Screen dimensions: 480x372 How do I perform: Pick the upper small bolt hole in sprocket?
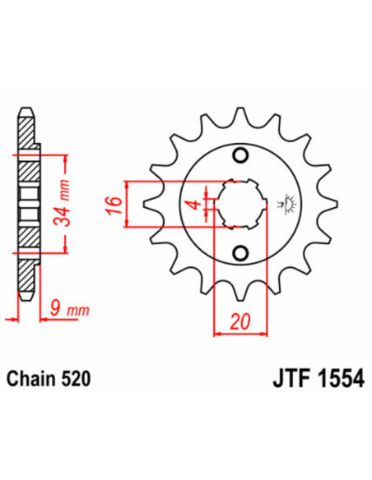point(239,156)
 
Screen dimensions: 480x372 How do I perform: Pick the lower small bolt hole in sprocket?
point(239,252)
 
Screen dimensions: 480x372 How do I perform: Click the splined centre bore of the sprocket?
point(239,205)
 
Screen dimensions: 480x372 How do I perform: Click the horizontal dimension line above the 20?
point(239,334)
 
